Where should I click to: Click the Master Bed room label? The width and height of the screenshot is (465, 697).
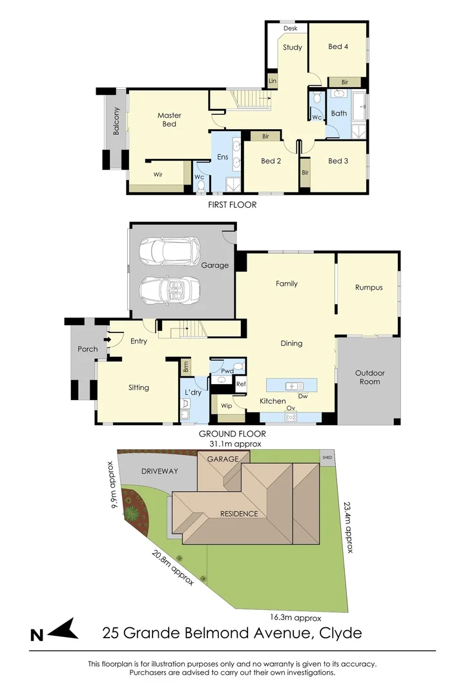pos(169,119)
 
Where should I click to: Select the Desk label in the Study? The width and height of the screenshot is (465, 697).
pos(290,28)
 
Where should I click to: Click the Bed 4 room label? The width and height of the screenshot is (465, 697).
pos(338,46)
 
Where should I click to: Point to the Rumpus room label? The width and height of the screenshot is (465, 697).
pos(368,288)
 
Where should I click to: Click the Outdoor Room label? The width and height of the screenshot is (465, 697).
pos(369,378)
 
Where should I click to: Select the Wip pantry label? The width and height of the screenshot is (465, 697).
pos(226,406)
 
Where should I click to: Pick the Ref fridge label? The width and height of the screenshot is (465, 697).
pos(241,384)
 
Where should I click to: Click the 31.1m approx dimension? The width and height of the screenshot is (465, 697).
pos(235,444)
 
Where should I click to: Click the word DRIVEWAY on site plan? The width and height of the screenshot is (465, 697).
pos(159,471)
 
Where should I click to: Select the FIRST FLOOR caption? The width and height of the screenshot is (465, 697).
pos(232,205)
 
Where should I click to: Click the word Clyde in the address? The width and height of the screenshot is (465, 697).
pos(340,633)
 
